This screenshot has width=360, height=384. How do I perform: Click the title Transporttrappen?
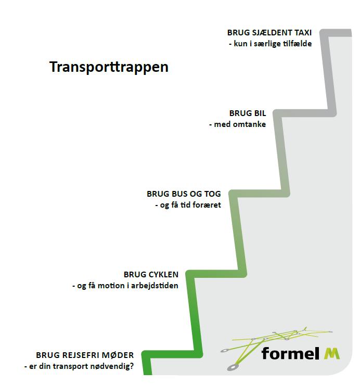pyautogui.click(x=109, y=68)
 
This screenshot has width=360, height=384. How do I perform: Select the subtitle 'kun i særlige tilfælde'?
pyautogui.click(x=272, y=44)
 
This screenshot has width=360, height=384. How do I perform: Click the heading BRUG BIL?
pyautogui.click(x=247, y=113)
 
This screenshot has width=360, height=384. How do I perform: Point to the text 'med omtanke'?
pyautogui.click(x=239, y=125)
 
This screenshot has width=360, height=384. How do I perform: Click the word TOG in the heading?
pyautogui.click(x=212, y=194)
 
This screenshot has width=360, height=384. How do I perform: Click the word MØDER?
pyautogui.click(x=118, y=355)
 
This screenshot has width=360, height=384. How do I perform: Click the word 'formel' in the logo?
pyautogui.click(x=290, y=353)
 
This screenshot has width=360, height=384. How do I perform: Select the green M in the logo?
pyautogui.click(x=331, y=353)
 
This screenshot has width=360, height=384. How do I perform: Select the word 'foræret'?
pyautogui.click(x=207, y=206)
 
